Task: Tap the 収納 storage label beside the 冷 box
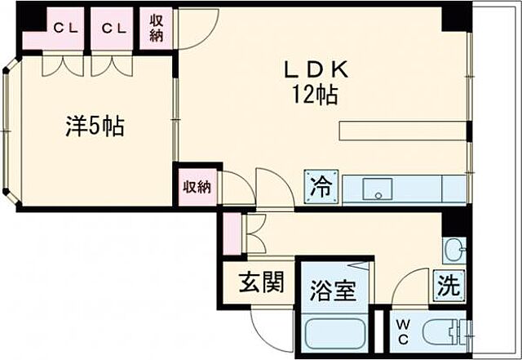click(197, 187)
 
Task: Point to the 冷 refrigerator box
click(321, 186)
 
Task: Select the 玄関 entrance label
click(261, 283)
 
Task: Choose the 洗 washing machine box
click(449, 286)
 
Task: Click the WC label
click(403, 331)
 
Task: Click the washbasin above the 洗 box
click(454, 248)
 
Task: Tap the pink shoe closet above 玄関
click(234, 233)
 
